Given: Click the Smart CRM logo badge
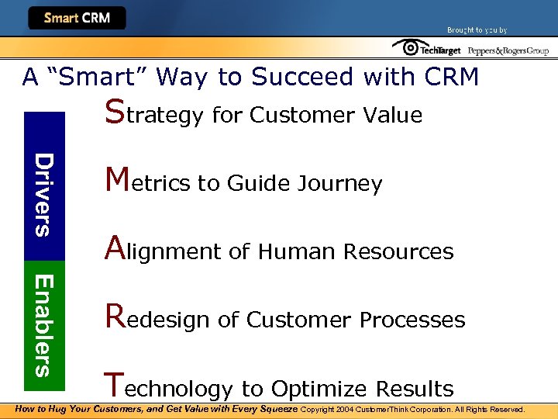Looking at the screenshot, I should (x=77, y=18).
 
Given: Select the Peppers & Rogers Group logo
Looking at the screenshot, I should (x=508, y=50).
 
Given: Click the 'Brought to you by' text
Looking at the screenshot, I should (x=477, y=30).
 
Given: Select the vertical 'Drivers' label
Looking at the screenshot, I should (x=45, y=194).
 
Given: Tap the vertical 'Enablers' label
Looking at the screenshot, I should (x=45, y=325).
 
